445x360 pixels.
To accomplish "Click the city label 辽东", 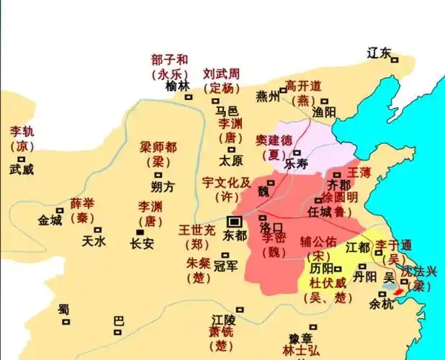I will point(379,53).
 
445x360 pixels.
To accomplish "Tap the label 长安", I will point(142,243).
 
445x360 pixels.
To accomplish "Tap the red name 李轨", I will point(22,132).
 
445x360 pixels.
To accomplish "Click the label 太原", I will point(232,159).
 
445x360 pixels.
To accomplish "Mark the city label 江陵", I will point(225,318).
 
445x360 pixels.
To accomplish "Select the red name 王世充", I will point(197,231).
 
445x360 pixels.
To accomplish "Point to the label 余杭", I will point(382,305).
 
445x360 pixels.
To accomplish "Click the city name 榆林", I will point(177,86).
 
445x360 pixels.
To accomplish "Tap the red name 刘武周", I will point(221,74).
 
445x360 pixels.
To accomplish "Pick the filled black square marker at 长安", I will point(140,231).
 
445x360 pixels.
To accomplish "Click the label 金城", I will point(50,220).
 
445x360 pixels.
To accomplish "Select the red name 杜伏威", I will point(329,283).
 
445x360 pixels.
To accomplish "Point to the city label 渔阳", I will point(325,112).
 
